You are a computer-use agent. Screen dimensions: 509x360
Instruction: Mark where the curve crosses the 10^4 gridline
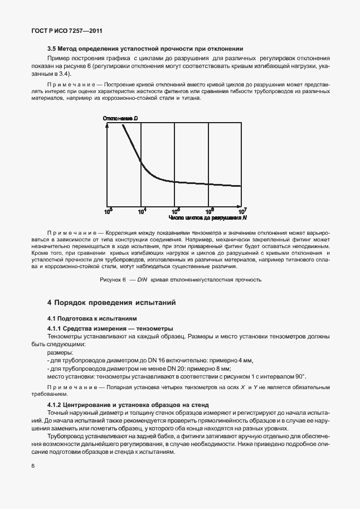click(x=141, y=163)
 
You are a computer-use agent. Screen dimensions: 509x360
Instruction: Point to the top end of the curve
click(x=121, y=124)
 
